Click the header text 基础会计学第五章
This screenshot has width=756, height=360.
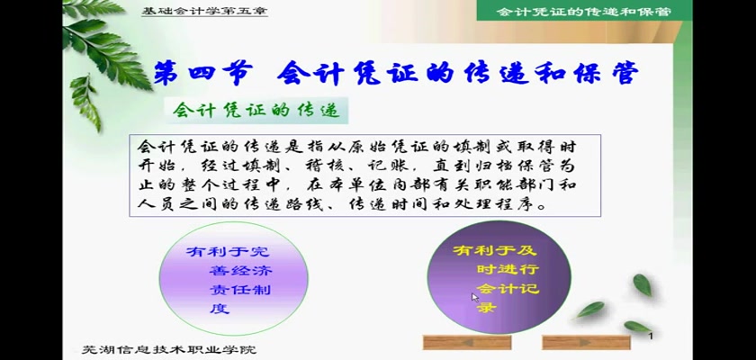tap(204, 11)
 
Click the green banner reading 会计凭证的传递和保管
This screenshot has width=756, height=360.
tap(584, 11)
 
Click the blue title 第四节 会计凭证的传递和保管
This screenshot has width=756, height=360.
tap(396, 74)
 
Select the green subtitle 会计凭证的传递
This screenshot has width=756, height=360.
tap(256, 111)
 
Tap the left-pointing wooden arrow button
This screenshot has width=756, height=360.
tap(467, 342)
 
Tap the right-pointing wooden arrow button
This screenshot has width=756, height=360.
tap(586, 342)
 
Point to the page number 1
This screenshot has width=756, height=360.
tap(651, 336)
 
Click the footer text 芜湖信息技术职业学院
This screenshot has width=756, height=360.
tap(169, 349)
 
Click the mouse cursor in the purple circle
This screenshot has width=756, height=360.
tap(475, 297)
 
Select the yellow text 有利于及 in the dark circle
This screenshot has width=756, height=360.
tap(495, 250)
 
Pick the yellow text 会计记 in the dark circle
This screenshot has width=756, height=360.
tap(508, 289)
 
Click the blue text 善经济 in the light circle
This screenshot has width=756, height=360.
tap(240, 270)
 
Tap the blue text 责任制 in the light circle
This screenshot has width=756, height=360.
tap(240, 290)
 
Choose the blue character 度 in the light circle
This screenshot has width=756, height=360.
tap(220, 309)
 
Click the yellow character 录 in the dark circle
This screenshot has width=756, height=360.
tap(486, 308)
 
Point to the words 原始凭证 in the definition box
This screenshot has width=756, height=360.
tap(395, 147)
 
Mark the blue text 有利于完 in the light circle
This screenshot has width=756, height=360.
tap(229, 251)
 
